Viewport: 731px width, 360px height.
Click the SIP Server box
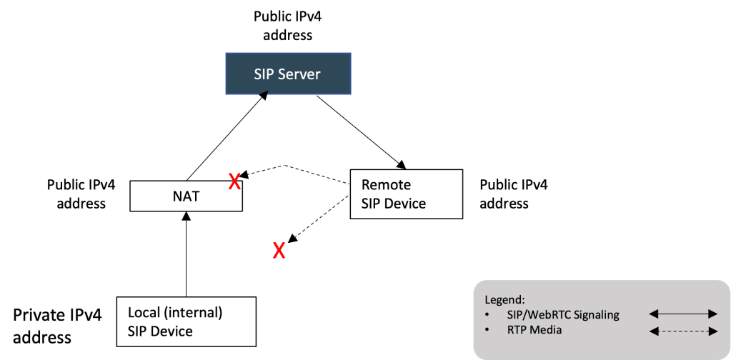(x=288, y=73)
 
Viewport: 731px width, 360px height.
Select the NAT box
(x=187, y=196)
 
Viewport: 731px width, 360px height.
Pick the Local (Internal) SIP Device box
(x=186, y=321)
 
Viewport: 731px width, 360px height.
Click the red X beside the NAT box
(x=233, y=182)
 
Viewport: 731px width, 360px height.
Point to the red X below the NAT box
(x=279, y=251)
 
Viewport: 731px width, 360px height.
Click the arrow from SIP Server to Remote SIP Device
(x=357, y=129)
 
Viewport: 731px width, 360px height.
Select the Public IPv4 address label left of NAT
(x=76, y=194)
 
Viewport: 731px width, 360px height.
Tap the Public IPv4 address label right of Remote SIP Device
(x=513, y=194)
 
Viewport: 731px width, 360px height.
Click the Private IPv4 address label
(x=57, y=325)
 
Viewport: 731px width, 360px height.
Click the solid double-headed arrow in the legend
(x=682, y=314)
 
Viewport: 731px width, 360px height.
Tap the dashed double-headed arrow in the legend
(x=682, y=330)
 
